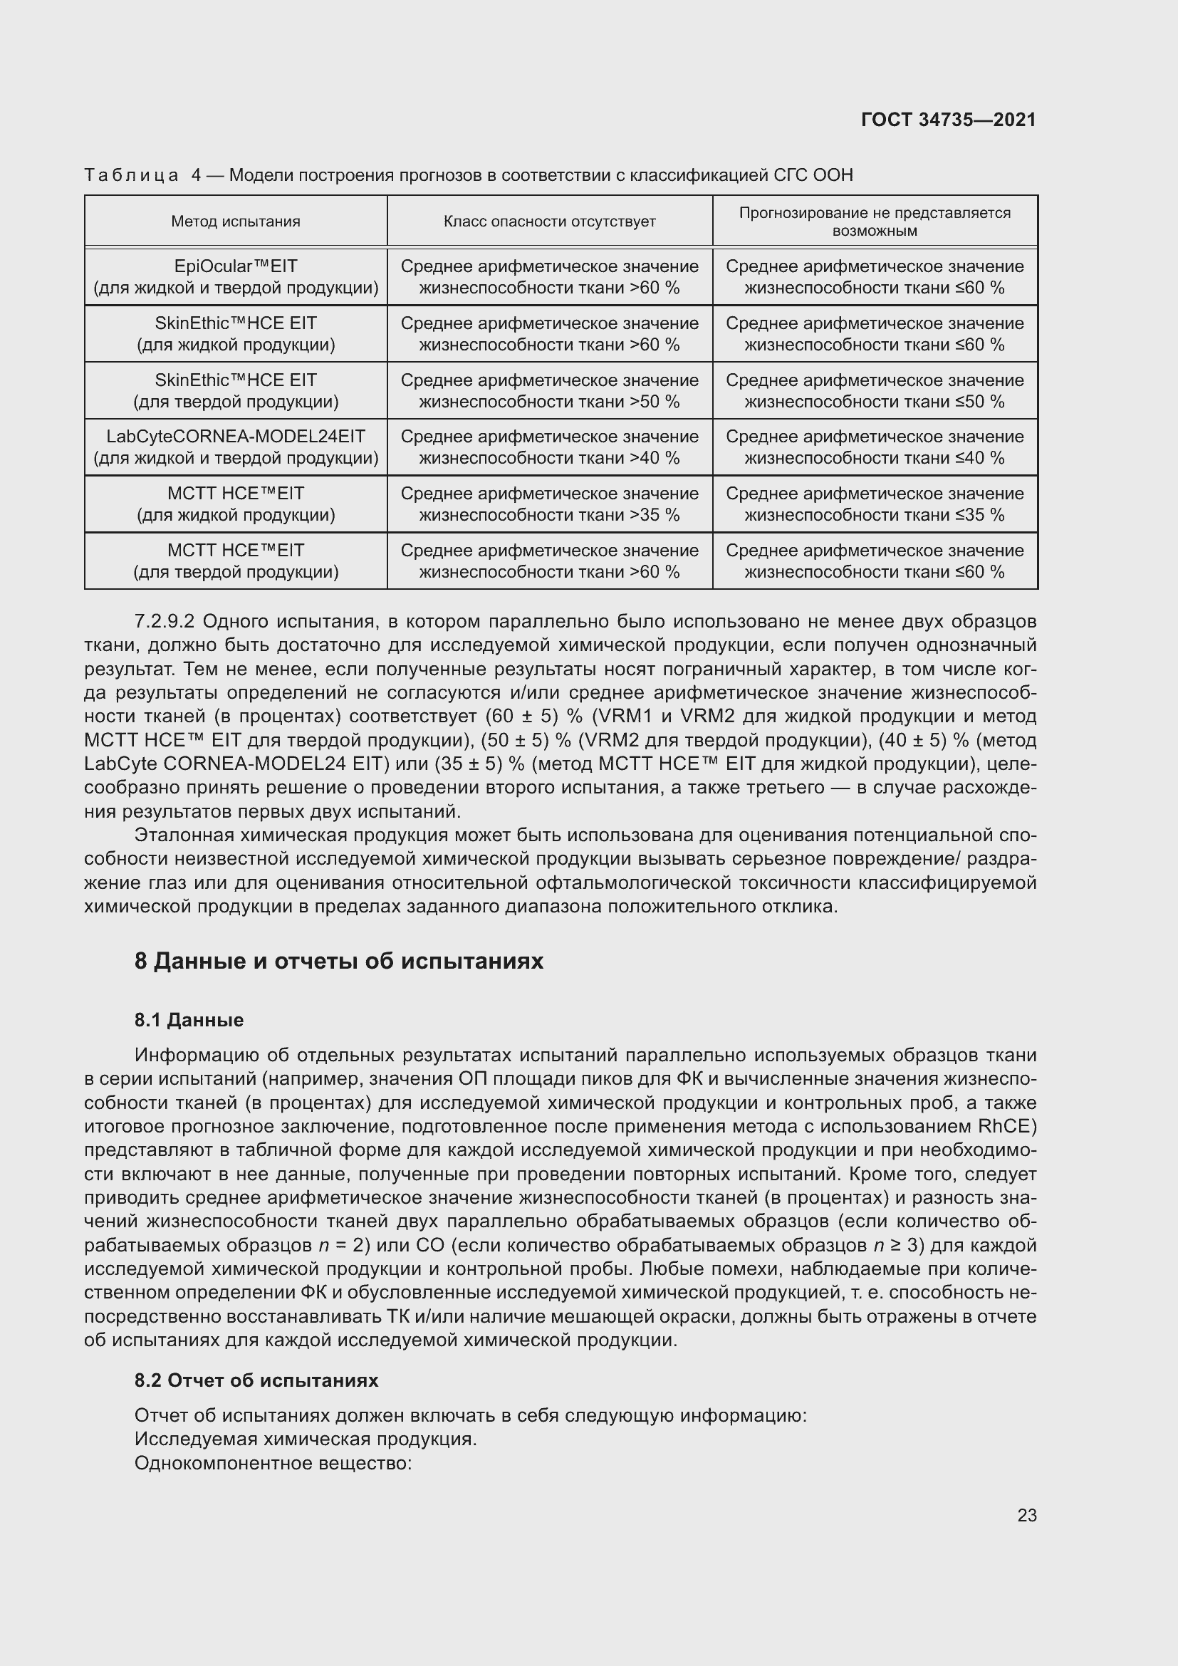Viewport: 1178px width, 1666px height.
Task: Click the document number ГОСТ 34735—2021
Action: [x=948, y=120]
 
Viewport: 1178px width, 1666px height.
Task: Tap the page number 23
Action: [x=1026, y=1515]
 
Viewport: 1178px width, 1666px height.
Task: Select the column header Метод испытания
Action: [x=236, y=222]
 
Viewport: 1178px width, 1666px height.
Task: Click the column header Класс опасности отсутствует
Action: [x=549, y=222]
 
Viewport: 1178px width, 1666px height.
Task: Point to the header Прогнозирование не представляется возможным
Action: [x=874, y=222]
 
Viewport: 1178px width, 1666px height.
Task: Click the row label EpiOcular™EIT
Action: [x=236, y=267]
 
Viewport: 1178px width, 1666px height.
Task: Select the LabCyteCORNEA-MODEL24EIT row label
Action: [x=236, y=437]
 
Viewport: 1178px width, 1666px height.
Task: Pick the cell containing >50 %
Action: [x=549, y=391]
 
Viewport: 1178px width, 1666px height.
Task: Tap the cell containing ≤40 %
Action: [x=874, y=448]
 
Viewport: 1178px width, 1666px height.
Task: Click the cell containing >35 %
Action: [x=549, y=504]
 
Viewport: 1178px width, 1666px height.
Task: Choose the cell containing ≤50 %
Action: [x=874, y=391]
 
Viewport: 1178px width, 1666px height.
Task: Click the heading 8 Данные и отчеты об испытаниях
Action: [x=339, y=962]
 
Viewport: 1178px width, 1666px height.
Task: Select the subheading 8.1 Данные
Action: [x=189, y=1020]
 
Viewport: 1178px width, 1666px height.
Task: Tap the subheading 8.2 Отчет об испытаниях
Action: [x=256, y=1380]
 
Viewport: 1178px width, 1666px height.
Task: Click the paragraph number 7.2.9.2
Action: [x=165, y=622]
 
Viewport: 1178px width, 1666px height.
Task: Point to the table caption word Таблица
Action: [x=131, y=175]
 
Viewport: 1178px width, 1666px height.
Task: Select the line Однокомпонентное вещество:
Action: [x=273, y=1463]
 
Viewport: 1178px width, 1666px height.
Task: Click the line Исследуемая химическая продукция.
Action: [x=306, y=1439]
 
